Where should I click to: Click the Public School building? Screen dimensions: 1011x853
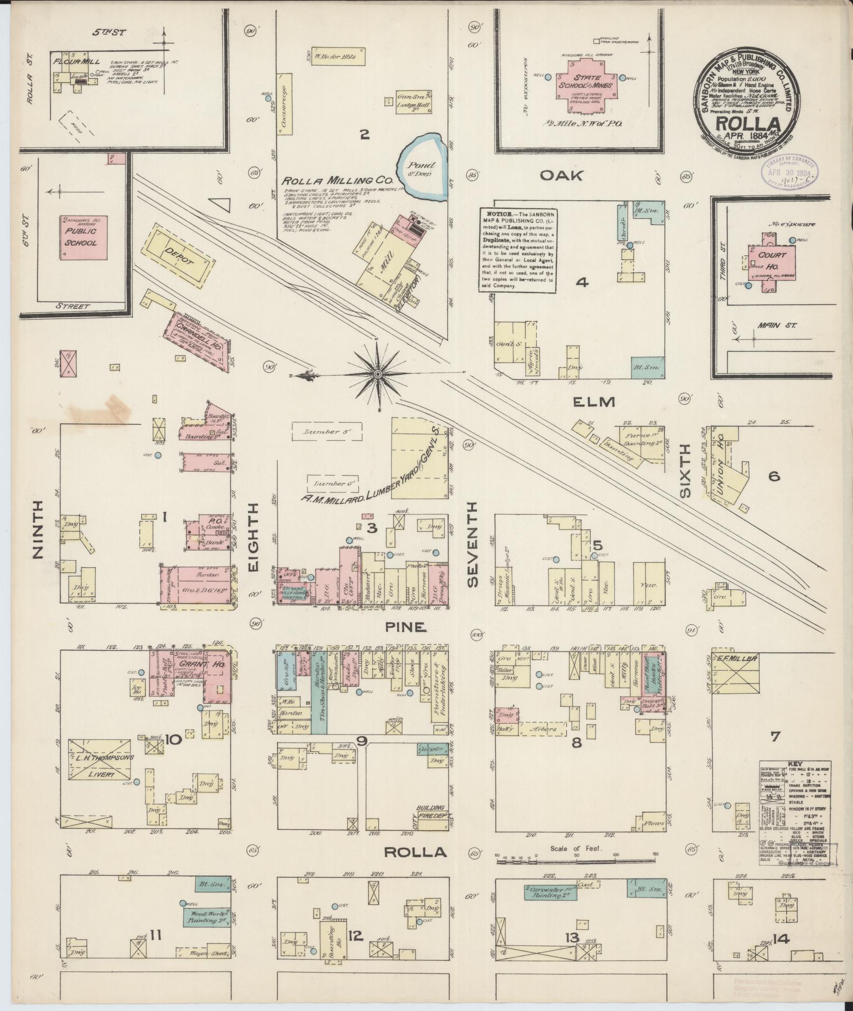coord(81,237)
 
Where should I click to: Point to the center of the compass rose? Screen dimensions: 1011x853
coord(378,375)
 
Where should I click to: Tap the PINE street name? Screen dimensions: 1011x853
coord(406,627)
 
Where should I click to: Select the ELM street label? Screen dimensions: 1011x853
coord(594,402)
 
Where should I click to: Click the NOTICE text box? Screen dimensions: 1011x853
coord(517,248)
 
